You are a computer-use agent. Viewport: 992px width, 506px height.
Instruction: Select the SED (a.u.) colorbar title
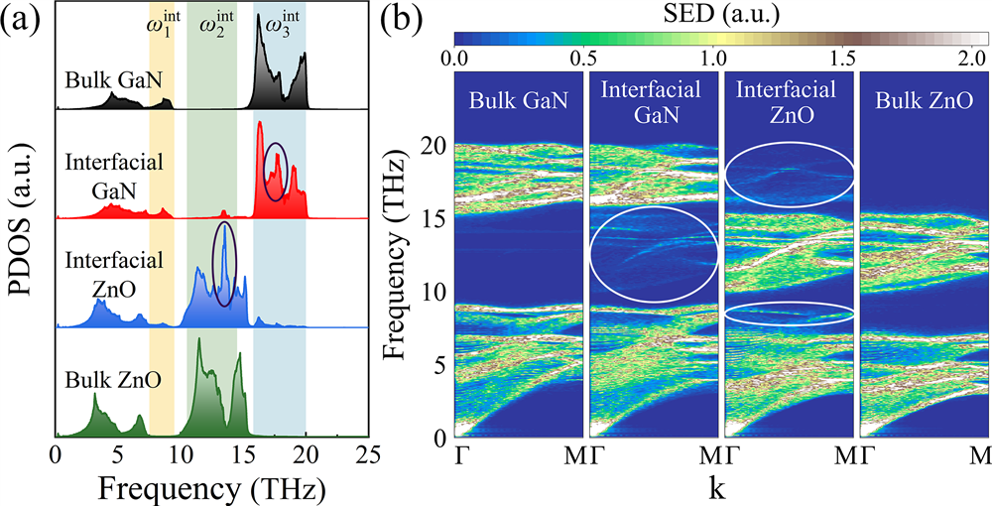coord(720,15)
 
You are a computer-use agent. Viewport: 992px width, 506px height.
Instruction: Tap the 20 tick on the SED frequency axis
coord(434,147)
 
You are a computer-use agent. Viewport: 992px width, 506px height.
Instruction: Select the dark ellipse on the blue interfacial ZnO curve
coord(225,264)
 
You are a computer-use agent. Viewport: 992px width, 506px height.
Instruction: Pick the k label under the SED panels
coord(721,488)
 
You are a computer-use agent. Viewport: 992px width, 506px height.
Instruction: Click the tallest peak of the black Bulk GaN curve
coord(261,22)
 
